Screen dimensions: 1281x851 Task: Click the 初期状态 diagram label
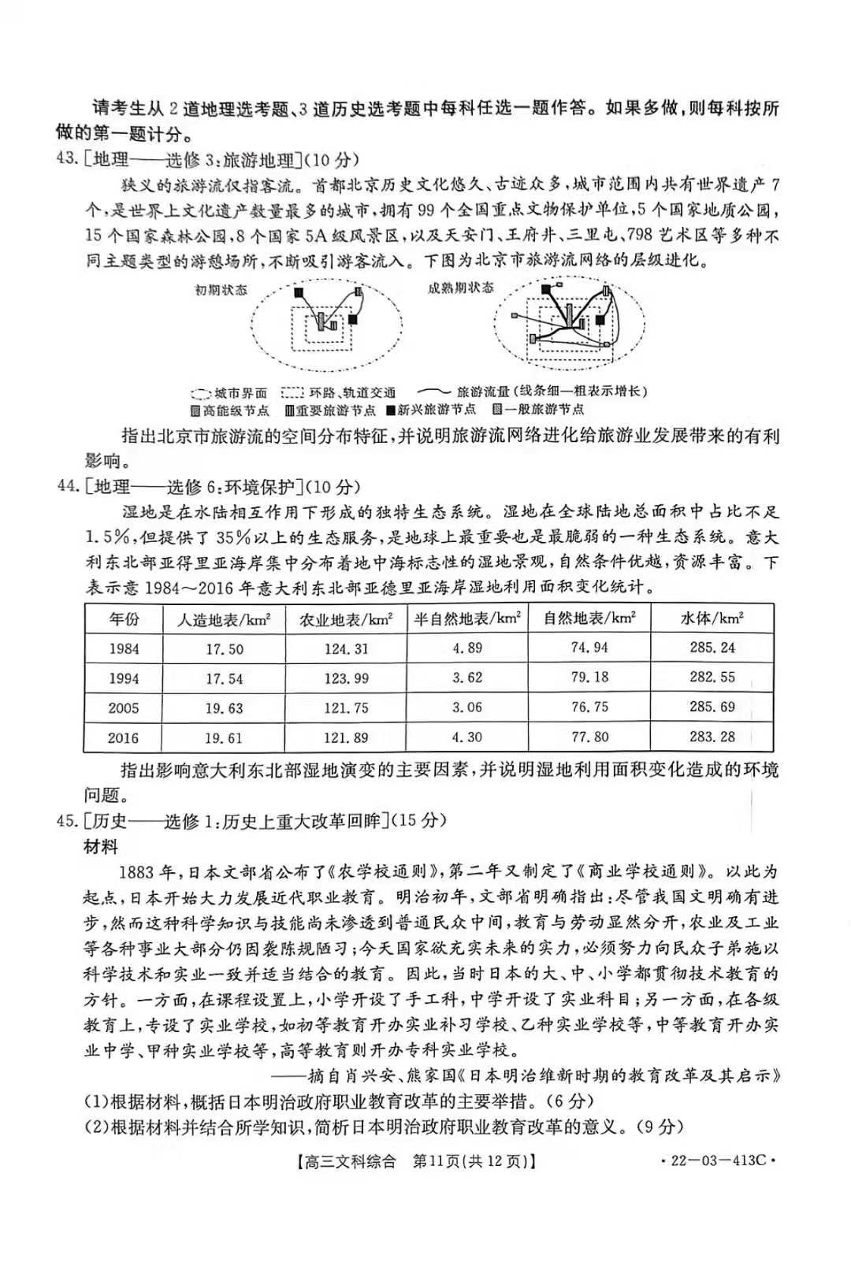coord(221,290)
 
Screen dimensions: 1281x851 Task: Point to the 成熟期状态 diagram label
coord(461,288)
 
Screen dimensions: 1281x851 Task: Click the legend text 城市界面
coord(240,392)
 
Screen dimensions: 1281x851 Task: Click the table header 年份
coord(124,619)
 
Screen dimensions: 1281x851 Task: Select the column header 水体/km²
coord(712,618)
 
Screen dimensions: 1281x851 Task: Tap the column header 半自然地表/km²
coord(467,618)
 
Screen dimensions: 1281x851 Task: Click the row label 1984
coord(124,649)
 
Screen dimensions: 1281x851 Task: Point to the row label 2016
coord(124,738)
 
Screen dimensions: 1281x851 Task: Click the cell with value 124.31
coord(346,649)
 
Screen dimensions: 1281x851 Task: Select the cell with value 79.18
coord(589,678)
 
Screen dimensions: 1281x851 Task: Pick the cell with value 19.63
coord(225,708)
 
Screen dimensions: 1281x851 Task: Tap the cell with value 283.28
coord(712,737)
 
